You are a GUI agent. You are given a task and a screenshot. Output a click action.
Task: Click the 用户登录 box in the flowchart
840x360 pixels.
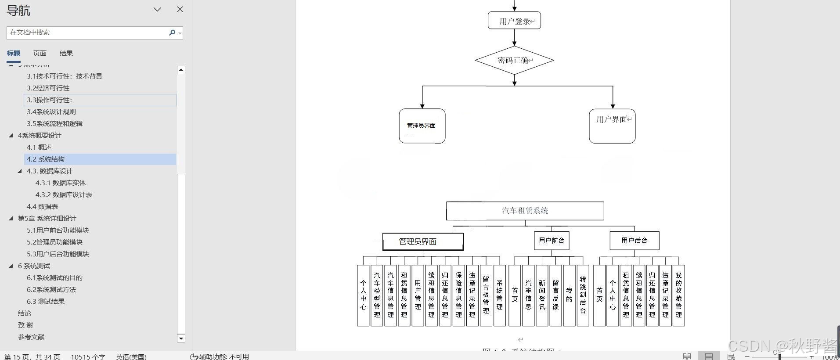[514, 21]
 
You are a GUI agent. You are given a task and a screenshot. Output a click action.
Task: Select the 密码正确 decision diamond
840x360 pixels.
[514, 60]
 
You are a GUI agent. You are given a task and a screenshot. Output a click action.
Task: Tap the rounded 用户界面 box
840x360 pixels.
[612, 126]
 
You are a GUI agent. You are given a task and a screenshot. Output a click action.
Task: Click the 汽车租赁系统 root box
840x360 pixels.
[525, 211]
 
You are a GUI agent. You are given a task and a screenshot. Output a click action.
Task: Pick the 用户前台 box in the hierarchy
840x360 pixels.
[552, 241]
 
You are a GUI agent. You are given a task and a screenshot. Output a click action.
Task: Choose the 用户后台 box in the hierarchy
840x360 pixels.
[634, 241]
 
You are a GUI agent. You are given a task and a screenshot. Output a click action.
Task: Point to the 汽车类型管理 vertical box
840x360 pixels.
[377, 295]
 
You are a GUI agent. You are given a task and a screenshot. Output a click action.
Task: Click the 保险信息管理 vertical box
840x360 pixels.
[458, 295]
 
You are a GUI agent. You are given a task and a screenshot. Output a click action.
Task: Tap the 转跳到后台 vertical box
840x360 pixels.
[583, 295]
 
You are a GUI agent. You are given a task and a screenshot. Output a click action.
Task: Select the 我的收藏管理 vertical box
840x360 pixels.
[678, 295]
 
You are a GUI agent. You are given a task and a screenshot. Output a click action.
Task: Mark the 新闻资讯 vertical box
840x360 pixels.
[542, 295]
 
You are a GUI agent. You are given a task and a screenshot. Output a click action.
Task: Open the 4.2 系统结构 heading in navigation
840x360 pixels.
[46, 159]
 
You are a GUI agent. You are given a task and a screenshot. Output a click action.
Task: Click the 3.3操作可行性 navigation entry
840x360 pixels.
[50, 100]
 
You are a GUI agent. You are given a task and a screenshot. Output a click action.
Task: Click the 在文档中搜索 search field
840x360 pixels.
[88, 32]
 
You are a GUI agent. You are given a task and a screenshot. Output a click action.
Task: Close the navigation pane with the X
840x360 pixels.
[180, 9]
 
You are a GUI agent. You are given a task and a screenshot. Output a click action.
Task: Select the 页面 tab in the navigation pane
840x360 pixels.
[40, 53]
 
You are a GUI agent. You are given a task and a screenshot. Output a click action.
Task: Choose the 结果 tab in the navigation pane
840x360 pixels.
[66, 53]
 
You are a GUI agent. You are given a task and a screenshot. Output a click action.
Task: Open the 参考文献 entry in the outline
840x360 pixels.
[31, 337]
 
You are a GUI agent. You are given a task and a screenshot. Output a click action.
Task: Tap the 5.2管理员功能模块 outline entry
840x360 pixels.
[54, 242]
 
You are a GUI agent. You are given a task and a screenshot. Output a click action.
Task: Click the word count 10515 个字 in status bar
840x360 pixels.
[88, 356]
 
